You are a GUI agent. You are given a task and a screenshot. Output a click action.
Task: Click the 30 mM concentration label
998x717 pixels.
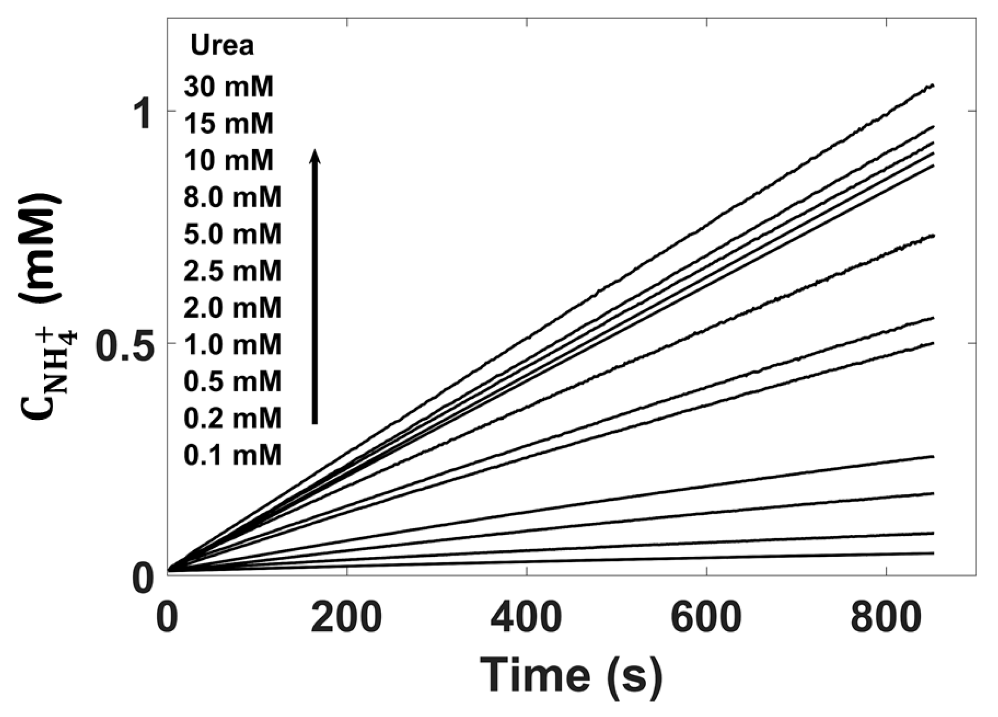coord(229,87)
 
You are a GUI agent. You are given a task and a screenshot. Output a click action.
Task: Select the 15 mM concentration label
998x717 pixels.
coord(229,124)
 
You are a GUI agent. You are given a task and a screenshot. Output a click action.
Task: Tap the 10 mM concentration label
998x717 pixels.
coord(229,161)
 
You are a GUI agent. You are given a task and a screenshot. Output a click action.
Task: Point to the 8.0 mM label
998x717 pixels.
coord(233,197)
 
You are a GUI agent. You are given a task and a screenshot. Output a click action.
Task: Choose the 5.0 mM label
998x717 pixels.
coord(233,234)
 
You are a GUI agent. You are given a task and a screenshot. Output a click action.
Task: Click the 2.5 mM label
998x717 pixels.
coord(233,271)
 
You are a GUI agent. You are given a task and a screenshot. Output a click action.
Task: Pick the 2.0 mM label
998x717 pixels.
coord(233,308)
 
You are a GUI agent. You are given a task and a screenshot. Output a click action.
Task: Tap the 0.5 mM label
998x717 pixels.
coord(233,382)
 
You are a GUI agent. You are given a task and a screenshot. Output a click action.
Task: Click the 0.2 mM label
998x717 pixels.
coord(233,418)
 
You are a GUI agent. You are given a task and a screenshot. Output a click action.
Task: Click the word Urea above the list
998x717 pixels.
coord(223,46)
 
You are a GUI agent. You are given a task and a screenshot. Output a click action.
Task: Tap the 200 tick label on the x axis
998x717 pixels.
coord(346,618)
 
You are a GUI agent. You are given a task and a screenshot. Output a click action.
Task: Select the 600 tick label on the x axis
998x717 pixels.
coord(706,618)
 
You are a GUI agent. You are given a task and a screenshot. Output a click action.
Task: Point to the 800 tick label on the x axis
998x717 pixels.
coord(885,618)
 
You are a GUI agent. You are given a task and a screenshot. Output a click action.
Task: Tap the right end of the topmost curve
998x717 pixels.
coord(933,86)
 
